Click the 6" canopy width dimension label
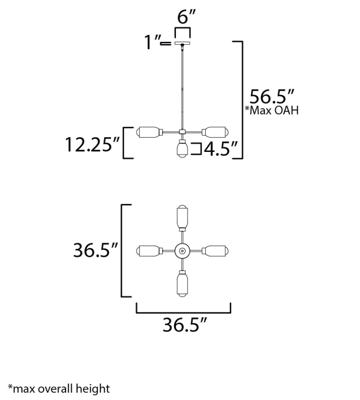(x=186, y=17)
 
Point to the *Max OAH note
(x=272, y=111)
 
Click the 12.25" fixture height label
(x=92, y=145)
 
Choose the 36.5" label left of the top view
(x=95, y=250)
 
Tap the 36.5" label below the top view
(x=184, y=325)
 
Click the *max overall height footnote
(x=59, y=388)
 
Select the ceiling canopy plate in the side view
(x=182, y=43)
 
